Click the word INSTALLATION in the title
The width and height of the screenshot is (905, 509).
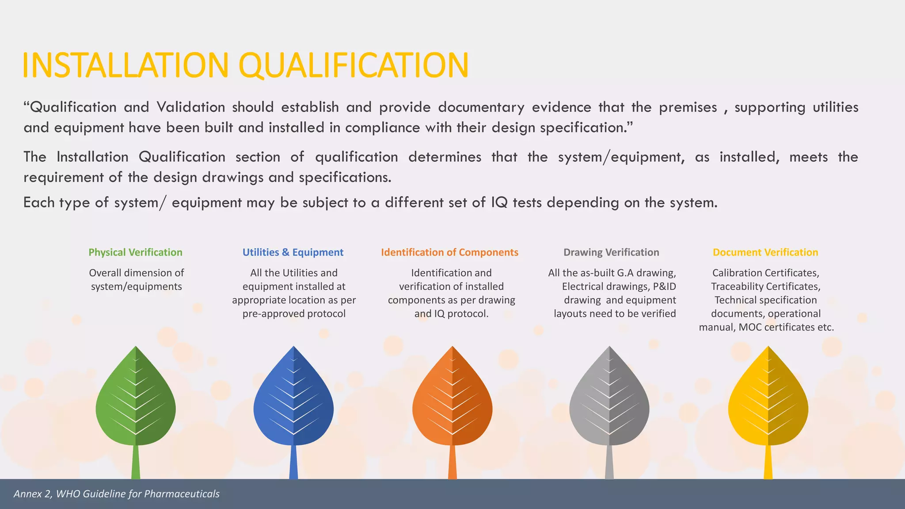[125, 65]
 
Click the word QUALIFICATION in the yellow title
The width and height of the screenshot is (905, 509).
[354, 65]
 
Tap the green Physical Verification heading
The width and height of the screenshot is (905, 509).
[135, 252]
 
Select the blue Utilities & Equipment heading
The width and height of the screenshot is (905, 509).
[293, 252]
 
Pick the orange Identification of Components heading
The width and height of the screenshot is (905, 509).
[449, 252]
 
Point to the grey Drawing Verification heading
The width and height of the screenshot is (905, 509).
[611, 252]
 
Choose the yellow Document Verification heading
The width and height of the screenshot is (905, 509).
[765, 252]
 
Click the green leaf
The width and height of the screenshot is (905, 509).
[136, 398]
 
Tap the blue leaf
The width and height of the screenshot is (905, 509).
[293, 398]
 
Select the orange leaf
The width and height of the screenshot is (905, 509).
[452, 398]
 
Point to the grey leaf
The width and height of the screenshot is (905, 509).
[609, 398]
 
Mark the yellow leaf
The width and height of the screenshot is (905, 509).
[768, 398]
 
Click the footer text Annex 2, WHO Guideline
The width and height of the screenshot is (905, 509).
[117, 494]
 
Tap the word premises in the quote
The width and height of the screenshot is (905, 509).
[688, 107]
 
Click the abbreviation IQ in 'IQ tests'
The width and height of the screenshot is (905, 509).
[499, 202]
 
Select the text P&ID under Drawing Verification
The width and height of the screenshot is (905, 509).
[664, 286]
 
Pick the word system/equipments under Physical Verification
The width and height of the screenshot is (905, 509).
[137, 286]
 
